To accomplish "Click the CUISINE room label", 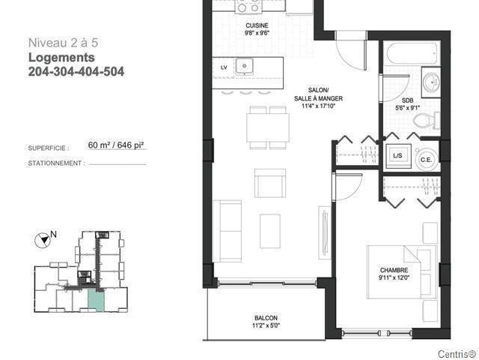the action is coord(257,25).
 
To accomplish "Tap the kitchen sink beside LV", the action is coord(245,66).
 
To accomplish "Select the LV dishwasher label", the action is coord(224,67).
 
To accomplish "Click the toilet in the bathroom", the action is coord(426,120).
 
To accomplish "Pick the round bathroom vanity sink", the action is coord(431,82).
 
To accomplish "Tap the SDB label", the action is coord(407,100).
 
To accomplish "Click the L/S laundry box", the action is coord(397,156).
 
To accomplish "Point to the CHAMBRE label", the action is coord(394,270).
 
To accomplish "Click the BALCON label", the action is coord(266,318).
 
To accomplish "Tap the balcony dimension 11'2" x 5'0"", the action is coord(266,325).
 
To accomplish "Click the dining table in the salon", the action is coord(268,127).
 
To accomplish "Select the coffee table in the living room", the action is coord(270,231).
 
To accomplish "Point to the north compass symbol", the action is coord(43,240).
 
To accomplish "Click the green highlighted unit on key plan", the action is coord(97,300).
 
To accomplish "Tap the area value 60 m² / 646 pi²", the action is coord(116,145).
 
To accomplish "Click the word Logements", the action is coord(61,58).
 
